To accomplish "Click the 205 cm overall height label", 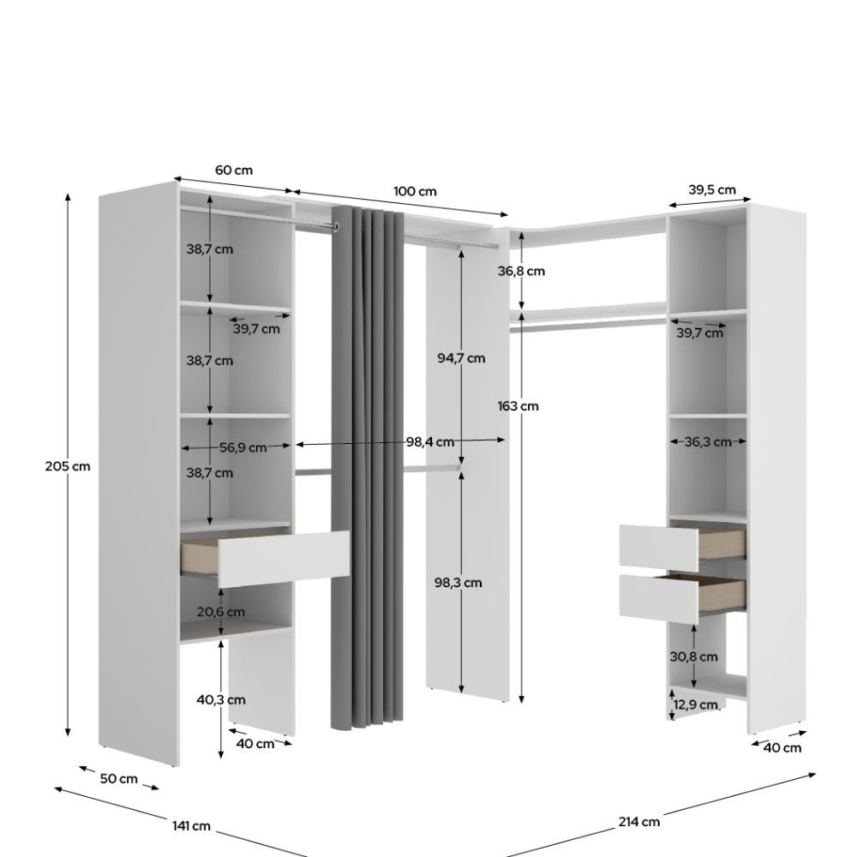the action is pos(68,466).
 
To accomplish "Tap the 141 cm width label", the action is pos(191,825).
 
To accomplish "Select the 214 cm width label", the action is pos(639,822).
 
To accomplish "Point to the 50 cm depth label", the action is pos(118,778).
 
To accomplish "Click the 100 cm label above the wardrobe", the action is pos(415,191).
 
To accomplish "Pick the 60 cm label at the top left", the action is pos(234,170).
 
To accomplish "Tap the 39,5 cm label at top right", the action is pos(711,189).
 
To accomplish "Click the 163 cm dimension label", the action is pos(518,405).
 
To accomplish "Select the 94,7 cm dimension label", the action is pos(461,358).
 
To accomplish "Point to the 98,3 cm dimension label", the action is pos(458,583).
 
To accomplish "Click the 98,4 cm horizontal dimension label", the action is pos(430,441).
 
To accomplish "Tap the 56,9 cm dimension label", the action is pos(243,447).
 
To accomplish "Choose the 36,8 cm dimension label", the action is pos(521,271).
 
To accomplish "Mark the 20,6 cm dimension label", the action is pos(221,612).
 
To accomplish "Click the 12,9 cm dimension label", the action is pos(695,704).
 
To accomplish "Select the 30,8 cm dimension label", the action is pos(693,656).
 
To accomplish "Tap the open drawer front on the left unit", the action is pos(284,559).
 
